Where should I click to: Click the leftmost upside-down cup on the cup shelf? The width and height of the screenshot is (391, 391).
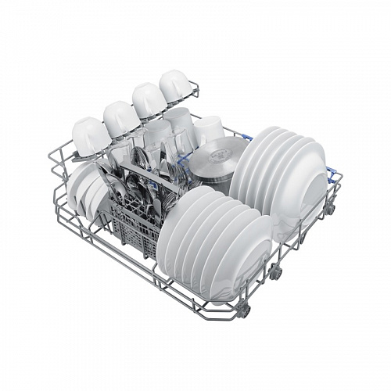[x=91, y=134]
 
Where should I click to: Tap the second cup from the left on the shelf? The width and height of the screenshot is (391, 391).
[x=120, y=117]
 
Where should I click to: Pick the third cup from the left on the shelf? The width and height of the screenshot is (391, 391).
[x=148, y=100]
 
